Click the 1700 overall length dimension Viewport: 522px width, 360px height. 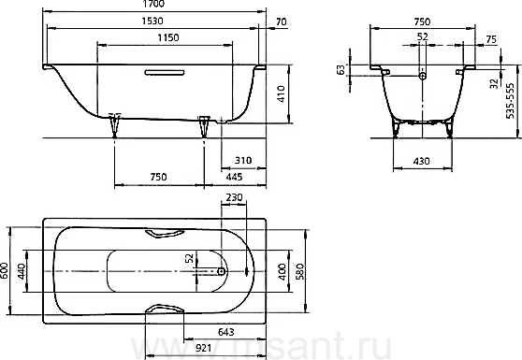coord(154,4)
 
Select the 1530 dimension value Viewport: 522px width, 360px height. coord(152,21)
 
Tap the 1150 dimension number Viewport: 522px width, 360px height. coord(168,37)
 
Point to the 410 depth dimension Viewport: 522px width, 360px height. coord(282,94)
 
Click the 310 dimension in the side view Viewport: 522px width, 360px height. coord(243,161)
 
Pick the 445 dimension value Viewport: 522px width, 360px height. coord(234,177)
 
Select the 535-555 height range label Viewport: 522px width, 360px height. coord(510,101)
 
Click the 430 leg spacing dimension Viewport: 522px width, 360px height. coord(422,162)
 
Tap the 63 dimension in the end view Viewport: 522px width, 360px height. coord(341,70)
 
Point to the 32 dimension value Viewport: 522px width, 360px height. coord(495,83)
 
